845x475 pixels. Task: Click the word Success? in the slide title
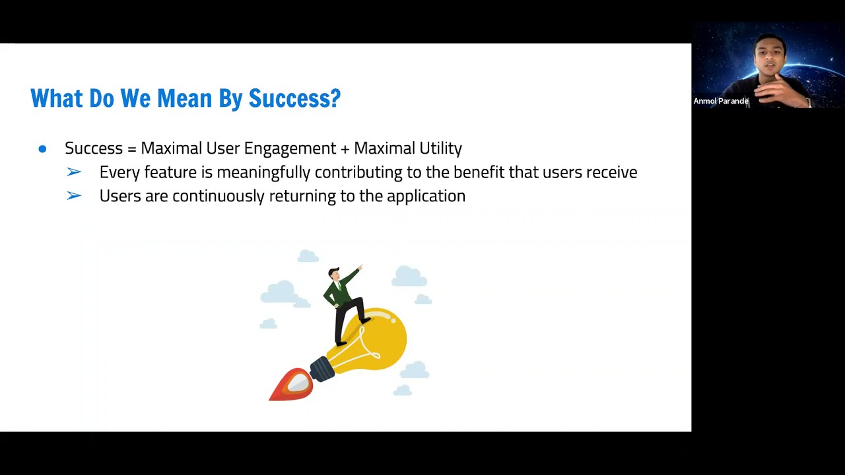pos(294,98)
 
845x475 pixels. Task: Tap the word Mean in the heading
pos(185,98)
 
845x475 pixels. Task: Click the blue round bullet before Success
pos(42,149)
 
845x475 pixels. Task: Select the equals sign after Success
pos(131,148)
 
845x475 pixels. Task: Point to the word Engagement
pos(290,148)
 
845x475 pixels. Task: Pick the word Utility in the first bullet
pos(439,148)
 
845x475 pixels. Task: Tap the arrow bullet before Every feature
pos(74,172)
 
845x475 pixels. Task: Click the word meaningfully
pos(264,172)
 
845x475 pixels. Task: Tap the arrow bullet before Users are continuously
pos(74,196)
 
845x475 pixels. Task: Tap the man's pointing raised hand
pos(360,268)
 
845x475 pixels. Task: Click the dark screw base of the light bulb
pos(322,368)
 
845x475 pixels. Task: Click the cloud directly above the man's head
pos(308,256)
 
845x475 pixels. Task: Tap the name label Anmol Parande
pos(721,101)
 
